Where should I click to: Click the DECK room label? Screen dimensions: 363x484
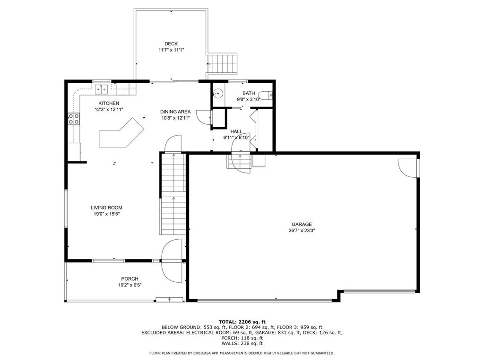tap(171, 43)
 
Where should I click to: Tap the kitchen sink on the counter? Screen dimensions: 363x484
tap(102, 88)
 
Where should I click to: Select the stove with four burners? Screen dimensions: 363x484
tap(73, 119)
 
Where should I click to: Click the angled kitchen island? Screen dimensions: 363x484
tap(121, 134)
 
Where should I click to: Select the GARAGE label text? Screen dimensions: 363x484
tap(302, 225)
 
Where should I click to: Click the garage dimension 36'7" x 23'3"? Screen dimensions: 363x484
tap(302, 231)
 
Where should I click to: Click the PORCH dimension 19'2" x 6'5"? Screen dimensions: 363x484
tap(130, 285)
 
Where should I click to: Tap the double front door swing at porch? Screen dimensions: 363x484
tap(172, 260)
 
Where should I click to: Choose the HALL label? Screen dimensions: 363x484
tap(236, 131)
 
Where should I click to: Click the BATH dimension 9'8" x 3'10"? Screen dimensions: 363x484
tap(248, 99)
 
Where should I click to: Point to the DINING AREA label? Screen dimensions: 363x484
tap(175, 112)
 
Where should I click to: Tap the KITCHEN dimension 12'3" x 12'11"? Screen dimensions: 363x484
tap(109, 109)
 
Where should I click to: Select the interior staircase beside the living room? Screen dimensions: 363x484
tap(173, 194)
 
